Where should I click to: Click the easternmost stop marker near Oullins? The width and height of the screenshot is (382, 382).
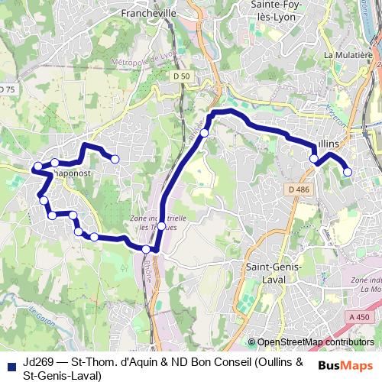[348, 172]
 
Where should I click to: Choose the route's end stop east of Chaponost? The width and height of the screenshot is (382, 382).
[115, 159]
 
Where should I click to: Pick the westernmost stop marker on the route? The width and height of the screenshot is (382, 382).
[37, 167]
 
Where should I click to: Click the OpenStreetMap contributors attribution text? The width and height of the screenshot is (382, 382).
[316, 342]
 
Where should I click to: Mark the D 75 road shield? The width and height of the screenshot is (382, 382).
[6, 89]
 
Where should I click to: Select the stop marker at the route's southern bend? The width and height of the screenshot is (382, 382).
[146, 249]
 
